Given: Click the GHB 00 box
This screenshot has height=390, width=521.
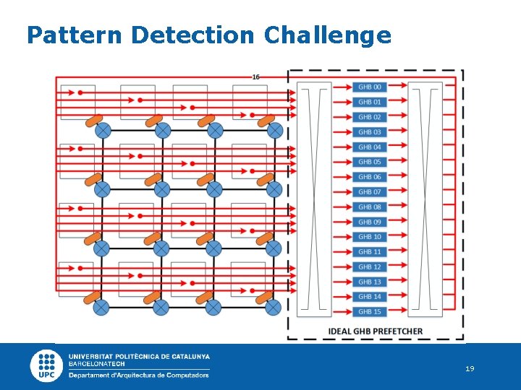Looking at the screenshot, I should [369, 87].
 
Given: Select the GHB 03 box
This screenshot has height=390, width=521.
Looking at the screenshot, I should [369, 132].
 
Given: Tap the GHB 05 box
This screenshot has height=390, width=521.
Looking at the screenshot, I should [369, 162].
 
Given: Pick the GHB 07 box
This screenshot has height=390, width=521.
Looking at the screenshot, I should [369, 192].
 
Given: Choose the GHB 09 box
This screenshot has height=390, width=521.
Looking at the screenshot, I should [369, 222].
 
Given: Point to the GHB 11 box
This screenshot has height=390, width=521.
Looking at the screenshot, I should [369, 252].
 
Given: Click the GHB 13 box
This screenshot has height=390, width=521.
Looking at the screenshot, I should [369, 282].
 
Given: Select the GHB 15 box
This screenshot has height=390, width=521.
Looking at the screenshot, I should [369, 311].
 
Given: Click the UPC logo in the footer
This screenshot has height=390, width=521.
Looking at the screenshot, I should [46, 365].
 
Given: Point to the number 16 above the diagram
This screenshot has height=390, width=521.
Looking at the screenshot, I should [256, 77].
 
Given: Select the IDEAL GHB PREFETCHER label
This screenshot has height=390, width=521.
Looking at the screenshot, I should [376, 331].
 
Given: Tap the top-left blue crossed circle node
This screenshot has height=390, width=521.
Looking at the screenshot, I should [103, 131].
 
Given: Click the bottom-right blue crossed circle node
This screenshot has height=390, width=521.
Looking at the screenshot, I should [273, 307].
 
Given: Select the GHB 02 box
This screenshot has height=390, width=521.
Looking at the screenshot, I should [369, 117].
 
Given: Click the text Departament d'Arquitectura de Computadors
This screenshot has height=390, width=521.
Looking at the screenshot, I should [139, 375].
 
